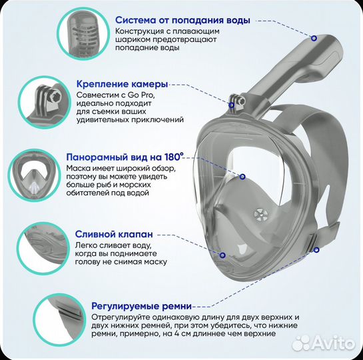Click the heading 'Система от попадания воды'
pyautogui.click(x=182, y=21)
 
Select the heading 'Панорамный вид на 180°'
pyautogui.click(x=125, y=157)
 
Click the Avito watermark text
pyautogui.click(x=330, y=343)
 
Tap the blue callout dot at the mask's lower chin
pyautogui.click(x=222, y=254)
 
